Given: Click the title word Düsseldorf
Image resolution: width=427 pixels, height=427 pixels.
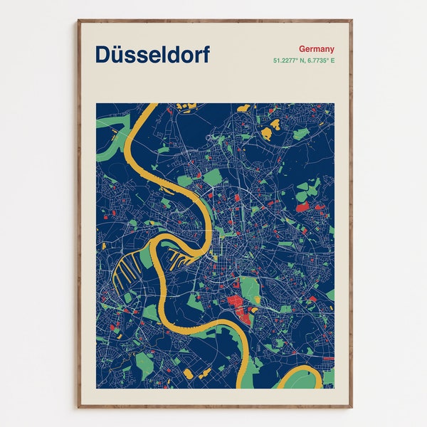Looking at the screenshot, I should [152, 55].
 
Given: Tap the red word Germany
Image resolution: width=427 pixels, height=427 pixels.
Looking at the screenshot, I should [317, 48].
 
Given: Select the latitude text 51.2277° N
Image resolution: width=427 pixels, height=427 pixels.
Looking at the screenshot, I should [288, 60].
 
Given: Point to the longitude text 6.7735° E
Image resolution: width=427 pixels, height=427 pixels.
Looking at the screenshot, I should [320, 60].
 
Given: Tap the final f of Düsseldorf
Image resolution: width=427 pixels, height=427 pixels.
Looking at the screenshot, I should [206, 55].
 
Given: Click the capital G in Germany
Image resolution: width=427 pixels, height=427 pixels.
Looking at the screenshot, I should [302, 48].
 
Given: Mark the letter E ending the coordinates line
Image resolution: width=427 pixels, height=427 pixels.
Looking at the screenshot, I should [332, 60].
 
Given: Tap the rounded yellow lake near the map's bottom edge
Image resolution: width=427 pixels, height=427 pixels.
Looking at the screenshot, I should [188, 372].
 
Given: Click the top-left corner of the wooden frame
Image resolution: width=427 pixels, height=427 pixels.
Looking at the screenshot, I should [78, 21].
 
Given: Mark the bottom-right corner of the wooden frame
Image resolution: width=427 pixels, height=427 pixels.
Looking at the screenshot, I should [352, 407].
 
